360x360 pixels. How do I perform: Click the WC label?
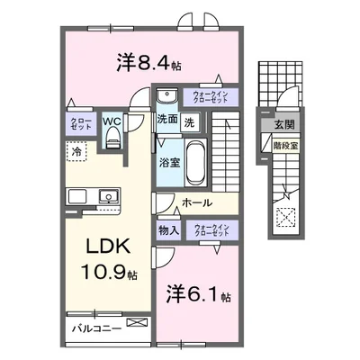click(112, 119)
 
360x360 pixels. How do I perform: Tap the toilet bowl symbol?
click(112, 138)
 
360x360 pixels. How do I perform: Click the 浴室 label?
click(168, 162)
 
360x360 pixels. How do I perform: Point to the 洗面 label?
click(167, 120)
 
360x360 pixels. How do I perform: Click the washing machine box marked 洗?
click(190, 121)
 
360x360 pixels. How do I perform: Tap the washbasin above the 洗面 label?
click(166, 97)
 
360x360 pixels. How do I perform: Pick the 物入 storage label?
click(167, 229)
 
